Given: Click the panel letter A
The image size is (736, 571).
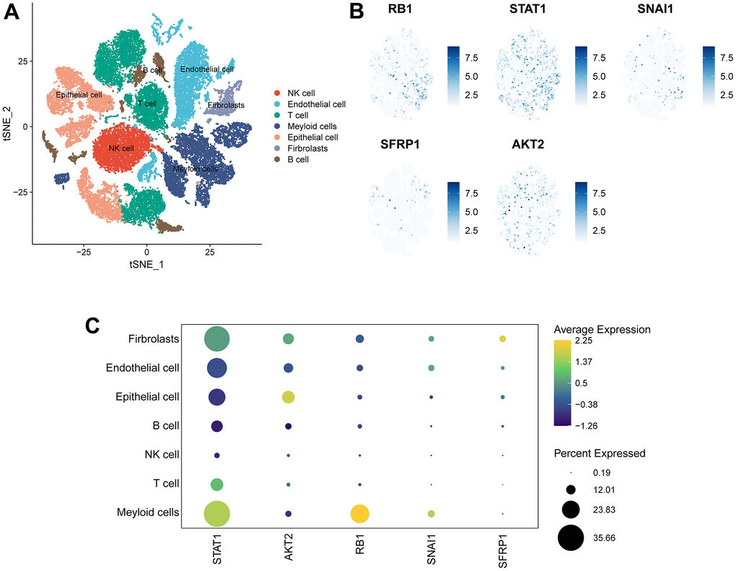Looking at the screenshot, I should (12, 14).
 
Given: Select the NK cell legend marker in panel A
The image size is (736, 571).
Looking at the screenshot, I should (278, 93).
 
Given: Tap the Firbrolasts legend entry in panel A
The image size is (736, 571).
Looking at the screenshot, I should (308, 148).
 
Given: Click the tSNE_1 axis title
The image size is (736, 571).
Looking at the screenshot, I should (146, 265).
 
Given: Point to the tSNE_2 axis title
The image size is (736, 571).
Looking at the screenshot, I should (7, 125).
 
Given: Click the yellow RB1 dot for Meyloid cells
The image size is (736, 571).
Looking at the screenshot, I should (359, 513).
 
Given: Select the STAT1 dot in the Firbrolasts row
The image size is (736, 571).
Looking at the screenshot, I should (217, 339).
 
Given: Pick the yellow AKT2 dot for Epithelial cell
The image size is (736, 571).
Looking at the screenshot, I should (289, 397).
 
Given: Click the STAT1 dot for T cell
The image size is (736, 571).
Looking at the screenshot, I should (217, 484).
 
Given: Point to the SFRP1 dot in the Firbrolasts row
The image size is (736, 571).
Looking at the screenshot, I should (502, 339).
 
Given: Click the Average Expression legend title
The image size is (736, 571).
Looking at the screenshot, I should (602, 329).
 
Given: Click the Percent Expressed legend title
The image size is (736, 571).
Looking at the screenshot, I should (599, 453).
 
